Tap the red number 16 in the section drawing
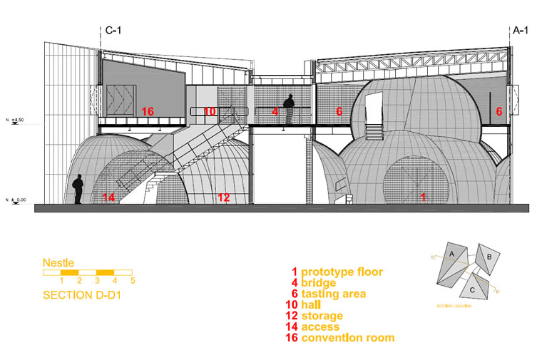pos(148,111)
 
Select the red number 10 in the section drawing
pos(209,111)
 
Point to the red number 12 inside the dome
pos(224,197)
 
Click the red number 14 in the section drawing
pos(109,197)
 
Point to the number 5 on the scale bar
pos(132,281)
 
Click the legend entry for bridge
pos(313,283)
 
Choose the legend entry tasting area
pos(327,294)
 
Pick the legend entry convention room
pos(342,338)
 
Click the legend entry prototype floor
pos(336,272)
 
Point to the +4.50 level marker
pos(16,120)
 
